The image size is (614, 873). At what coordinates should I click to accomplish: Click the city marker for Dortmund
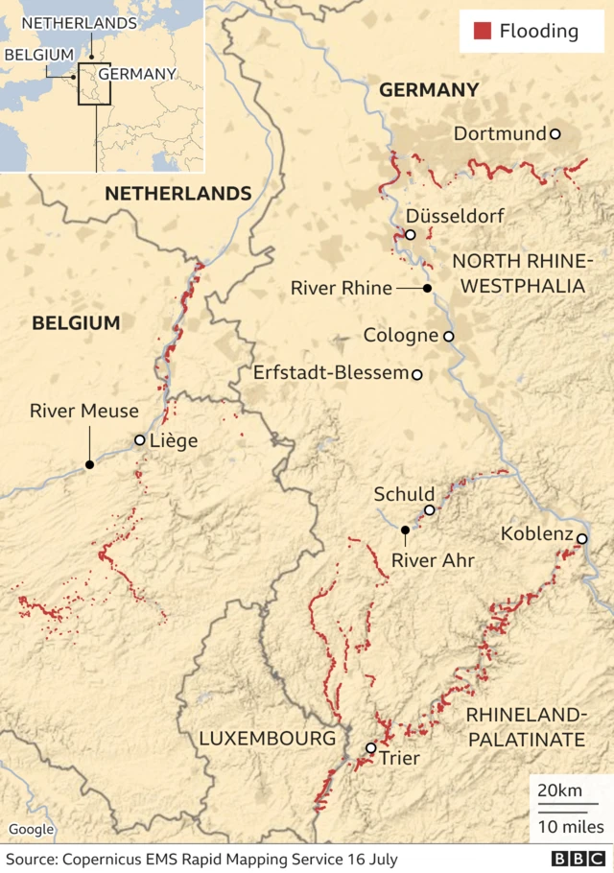click(x=555, y=134)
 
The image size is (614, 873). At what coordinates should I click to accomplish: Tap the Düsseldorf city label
click(x=455, y=216)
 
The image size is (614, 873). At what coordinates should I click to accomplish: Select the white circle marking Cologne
click(x=448, y=336)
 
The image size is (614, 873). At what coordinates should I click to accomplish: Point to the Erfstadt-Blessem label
click(x=330, y=372)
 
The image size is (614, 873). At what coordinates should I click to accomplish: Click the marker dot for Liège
click(x=140, y=440)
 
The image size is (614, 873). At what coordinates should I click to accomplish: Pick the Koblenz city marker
click(x=581, y=539)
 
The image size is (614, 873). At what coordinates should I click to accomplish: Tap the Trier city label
click(x=400, y=758)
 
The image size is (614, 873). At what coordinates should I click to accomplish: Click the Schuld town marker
click(x=430, y=510)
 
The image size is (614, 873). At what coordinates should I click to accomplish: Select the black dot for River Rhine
click(x=427, y=288)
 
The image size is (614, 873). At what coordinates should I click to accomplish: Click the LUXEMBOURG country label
click(x=268, y=738)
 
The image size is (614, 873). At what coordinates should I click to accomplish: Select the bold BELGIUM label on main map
click(x=76, y=323)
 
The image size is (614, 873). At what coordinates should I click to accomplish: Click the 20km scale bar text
click(x=558, y=790)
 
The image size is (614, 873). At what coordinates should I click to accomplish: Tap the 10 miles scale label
click(x=570, y=826)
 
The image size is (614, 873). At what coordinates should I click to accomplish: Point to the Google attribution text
click(x=32, y=830)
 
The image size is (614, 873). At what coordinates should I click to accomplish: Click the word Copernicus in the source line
click(x=103, y=859)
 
